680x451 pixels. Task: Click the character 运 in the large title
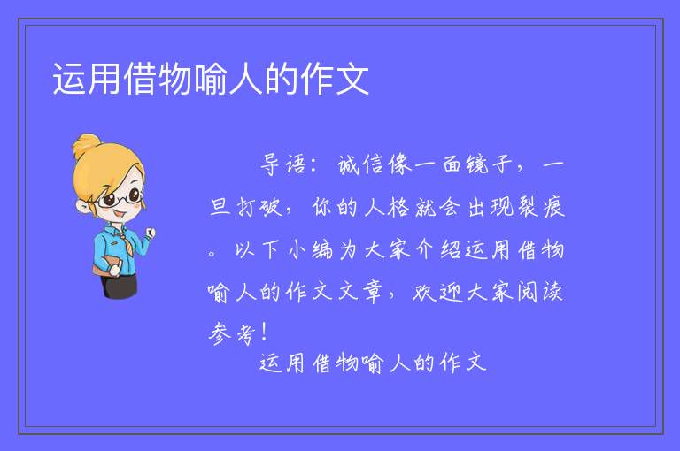tap(69, 79)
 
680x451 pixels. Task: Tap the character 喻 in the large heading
tap(211, 79)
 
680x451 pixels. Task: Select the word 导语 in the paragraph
tap(283, 165)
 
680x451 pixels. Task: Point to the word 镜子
tap(490, 165)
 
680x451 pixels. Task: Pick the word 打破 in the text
tap(260, 207)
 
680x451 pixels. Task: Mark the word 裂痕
tap(541, 207)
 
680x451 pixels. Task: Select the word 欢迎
tap(437, 292)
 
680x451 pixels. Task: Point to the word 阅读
tap(540, 292)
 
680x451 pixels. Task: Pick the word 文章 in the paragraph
tap(360, 292)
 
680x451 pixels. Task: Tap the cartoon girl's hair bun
tap(86, 146)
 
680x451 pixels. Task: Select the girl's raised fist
tap(150, 233)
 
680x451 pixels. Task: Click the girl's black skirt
tap(120, 287)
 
